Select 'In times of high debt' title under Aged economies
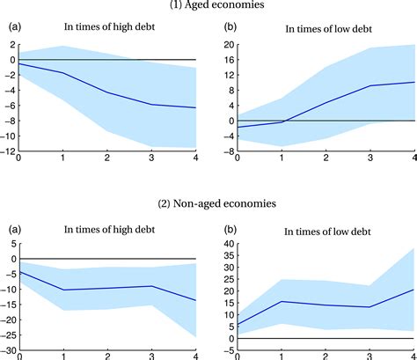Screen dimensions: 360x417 click(106, 30)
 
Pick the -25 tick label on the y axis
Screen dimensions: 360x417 click(7, 336)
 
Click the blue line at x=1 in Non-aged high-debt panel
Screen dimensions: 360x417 click(62, 290)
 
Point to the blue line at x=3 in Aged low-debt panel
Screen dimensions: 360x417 click(369, 85)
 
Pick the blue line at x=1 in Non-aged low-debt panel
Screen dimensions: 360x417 click(282, 302)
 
